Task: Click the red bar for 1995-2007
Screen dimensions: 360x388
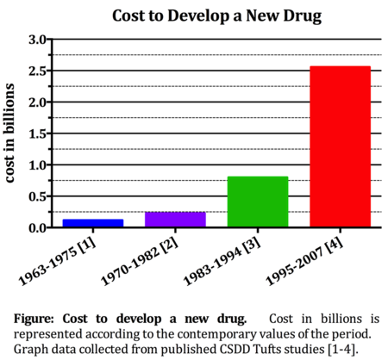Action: point(340,146)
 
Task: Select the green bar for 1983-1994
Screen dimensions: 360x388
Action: point(258,202)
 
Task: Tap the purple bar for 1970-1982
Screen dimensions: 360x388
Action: point(175,219)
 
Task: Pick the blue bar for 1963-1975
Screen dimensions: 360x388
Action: point(93,222)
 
